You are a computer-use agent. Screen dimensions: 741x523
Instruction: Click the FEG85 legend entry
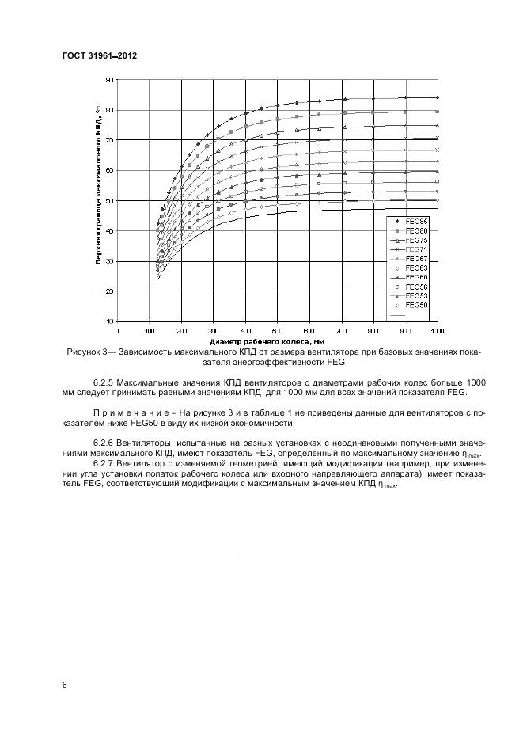(415, 221)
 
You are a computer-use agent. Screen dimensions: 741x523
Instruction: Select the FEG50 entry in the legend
(415, 305)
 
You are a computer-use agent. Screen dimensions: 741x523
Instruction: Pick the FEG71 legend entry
(415, 249)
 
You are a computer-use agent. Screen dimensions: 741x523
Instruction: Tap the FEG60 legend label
(415, 277)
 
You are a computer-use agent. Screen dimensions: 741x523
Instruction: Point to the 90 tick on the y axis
(111, 79)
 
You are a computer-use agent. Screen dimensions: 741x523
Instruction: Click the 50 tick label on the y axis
(111, 201)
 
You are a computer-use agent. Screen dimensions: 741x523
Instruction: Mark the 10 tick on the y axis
(111, 322)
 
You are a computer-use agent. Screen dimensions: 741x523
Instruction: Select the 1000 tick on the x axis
(437, 330)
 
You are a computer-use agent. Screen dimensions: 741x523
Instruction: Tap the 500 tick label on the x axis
(277, 330)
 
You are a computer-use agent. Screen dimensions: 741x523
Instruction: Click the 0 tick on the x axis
(117, 330)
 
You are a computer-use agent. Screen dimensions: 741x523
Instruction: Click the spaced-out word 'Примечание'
(127, 412)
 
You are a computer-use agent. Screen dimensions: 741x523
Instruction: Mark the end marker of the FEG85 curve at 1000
(437, 97)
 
